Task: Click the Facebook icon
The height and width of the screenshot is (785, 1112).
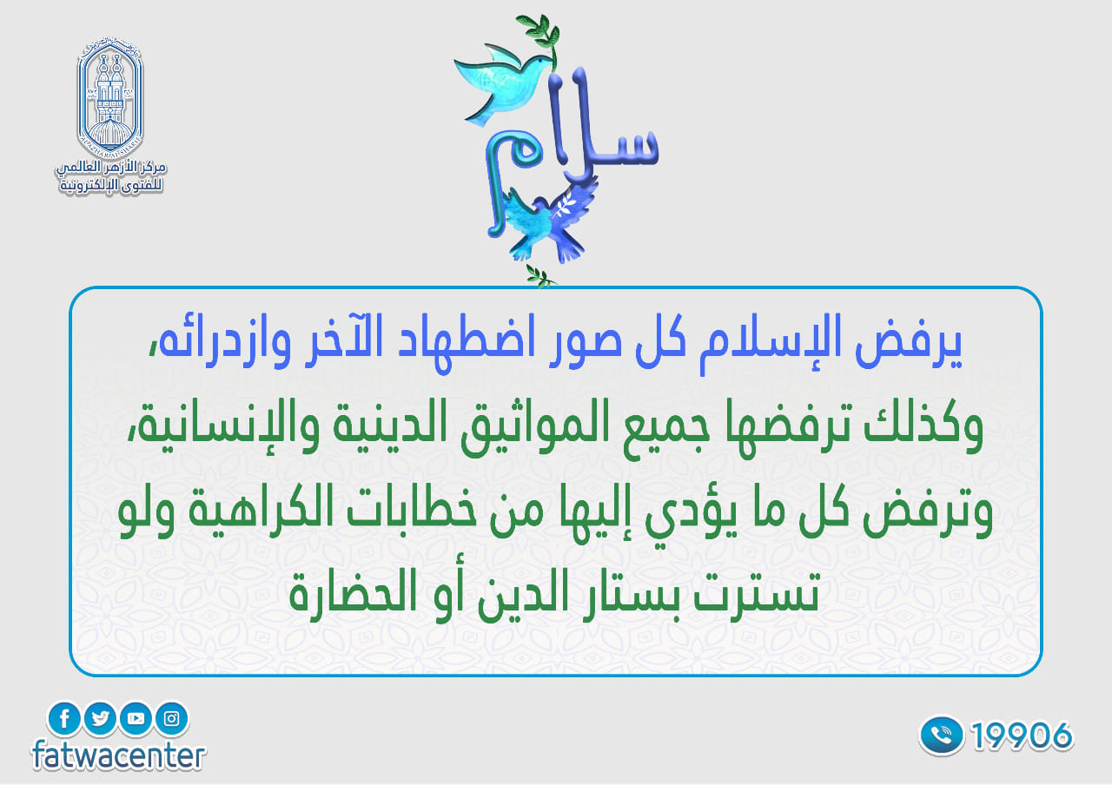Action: pos(63,718)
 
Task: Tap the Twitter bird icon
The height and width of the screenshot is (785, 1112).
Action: pos(100,718)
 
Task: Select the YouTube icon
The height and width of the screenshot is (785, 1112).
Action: pos(136,718)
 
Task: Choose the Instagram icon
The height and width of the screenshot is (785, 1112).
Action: pos(172,718)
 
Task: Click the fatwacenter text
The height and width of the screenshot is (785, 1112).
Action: pos(118,755)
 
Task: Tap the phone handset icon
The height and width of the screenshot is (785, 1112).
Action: pos(941,736)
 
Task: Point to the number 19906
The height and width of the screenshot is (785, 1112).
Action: pos(1022,736)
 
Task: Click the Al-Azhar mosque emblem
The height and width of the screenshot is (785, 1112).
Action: pos(110,96)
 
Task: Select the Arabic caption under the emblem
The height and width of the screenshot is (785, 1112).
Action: pos(110,176)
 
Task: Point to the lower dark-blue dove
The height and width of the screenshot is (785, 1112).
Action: pos(548,223)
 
